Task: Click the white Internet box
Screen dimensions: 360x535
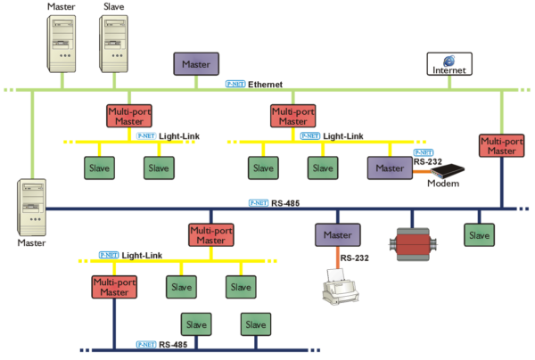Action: tap(449, 64)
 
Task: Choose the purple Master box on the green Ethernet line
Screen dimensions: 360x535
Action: tap(195, 64)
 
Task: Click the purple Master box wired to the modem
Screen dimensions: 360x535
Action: tap(389, 168)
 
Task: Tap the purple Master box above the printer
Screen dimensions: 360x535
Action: tap(337, 235)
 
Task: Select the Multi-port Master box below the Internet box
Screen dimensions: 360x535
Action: tap(501, 146)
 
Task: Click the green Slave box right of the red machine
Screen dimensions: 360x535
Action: tap(479, 235)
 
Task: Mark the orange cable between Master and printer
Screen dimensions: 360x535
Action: tap(337, 259)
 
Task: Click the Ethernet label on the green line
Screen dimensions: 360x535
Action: tap(265, 85)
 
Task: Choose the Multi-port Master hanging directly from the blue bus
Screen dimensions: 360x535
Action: tap(210, 235)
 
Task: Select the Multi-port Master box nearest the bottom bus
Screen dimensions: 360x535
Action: tap(114, 287)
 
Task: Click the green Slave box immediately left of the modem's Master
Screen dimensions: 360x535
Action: tap(323, 168)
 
